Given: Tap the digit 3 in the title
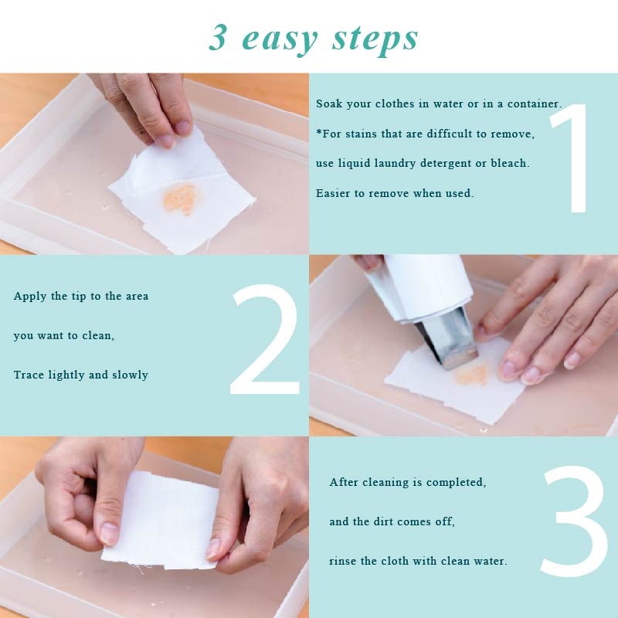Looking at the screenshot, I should coord(219,37).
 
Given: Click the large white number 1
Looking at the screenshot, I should coord(576,158).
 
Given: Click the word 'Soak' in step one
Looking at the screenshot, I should coord(329,104).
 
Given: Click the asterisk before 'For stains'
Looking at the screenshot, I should coord(319,133).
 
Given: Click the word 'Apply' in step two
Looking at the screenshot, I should coord(29,297).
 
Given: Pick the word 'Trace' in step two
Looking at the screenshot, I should coord(29,375).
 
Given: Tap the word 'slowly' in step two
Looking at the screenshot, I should coord(131,375).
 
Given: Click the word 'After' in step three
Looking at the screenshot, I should coord(344,482).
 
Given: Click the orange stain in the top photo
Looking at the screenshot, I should coord(180,199).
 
